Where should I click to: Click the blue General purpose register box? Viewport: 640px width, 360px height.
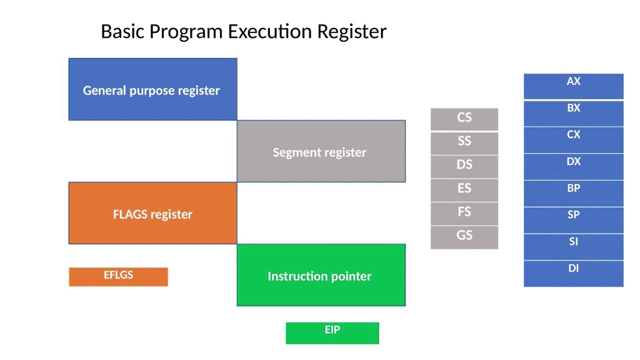[152, 89]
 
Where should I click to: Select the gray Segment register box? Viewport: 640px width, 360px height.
[321, 151]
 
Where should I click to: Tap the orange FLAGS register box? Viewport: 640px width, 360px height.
[152, 213]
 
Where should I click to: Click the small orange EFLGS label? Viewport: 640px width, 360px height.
[118, 276]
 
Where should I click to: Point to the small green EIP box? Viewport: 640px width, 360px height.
[332, 333]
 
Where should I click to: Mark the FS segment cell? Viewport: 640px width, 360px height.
[464, 213]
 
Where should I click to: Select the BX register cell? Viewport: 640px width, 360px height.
[573, 113]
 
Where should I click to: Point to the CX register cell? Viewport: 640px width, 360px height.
[573, 139]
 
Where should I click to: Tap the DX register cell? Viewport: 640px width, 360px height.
[573, 166]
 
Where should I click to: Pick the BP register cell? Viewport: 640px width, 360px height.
[573, 193]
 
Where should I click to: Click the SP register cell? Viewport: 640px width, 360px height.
[573, 219]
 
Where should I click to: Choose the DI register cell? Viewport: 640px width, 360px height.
[573, 273]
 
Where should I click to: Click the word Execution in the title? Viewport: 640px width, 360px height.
[270, 31]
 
